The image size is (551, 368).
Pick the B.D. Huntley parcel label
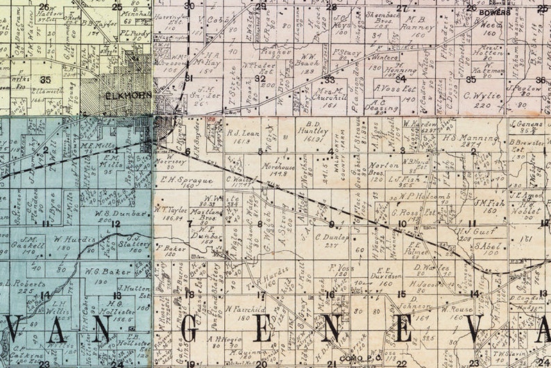tap(312, 130)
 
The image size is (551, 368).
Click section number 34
tap(400, 78)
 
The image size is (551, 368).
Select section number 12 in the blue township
tap(116, 223)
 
